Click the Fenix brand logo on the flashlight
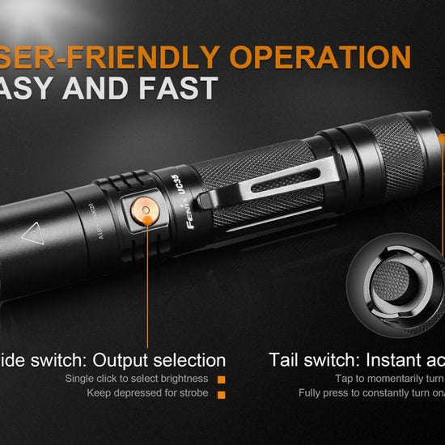tap(167, 211)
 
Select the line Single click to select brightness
tap(137, 379)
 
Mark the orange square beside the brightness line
tap(220, 379)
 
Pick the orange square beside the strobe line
tap(220, 393)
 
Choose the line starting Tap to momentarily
tap(389, 379)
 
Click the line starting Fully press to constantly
tap(371, 393)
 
